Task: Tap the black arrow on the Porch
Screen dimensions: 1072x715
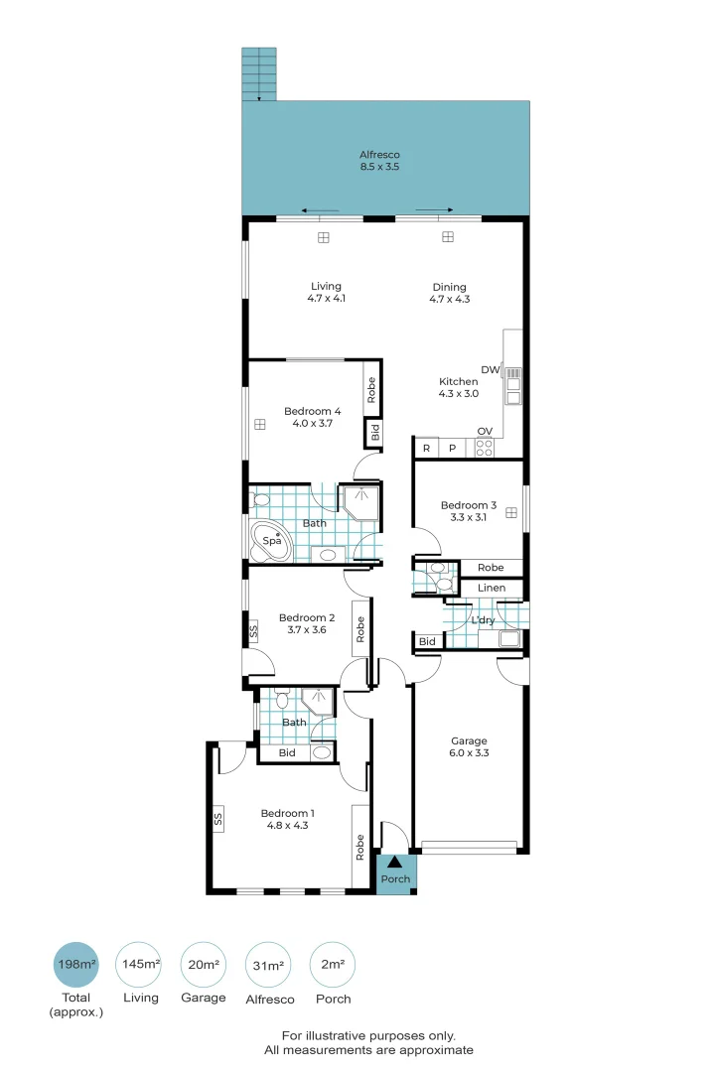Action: [x=395, y=863]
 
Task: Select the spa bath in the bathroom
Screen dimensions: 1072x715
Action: [x=270, y=541]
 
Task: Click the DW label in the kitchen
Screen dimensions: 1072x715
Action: [x=490, y=369]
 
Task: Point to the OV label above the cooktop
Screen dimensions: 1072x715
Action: [x=485, y=431]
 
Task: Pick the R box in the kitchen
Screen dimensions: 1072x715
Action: [x=426, y=449]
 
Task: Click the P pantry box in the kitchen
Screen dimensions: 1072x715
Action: [x=452, y=449]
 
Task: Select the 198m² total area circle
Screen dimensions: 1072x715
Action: [x=76, y=964]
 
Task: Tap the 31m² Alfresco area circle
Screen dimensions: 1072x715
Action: [x=269, y=964]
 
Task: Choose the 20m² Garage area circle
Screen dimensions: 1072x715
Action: [x=204, y=964]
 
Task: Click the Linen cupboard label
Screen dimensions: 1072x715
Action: [x=491, y=588]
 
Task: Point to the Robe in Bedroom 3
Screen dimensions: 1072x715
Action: [x=491, y=568]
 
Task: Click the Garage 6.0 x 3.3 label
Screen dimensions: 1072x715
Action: [x=469, y=746]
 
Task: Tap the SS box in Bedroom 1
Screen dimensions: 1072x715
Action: [x=217, y=820]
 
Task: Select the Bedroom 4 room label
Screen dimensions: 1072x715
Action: [x=312, y=417]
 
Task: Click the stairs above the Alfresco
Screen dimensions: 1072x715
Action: [x=260, y=72]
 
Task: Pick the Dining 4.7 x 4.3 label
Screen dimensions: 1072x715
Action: [x=448, y=293]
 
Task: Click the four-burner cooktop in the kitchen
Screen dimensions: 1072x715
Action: [x=485, y=448]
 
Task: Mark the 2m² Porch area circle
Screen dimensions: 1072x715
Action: [x=333, y=964]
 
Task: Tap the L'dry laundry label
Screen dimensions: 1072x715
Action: [x=483, y=620]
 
